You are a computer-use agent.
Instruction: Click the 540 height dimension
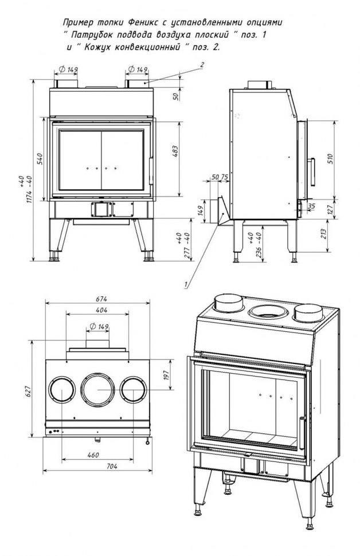click(x=40, y=159)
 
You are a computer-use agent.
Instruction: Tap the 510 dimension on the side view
click(x=330, y=159)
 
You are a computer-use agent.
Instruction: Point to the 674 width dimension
click(x=101, y=299)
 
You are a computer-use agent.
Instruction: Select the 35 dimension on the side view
click(x=311, y=205)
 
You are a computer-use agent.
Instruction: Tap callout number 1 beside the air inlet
click(x=186, y=283)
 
